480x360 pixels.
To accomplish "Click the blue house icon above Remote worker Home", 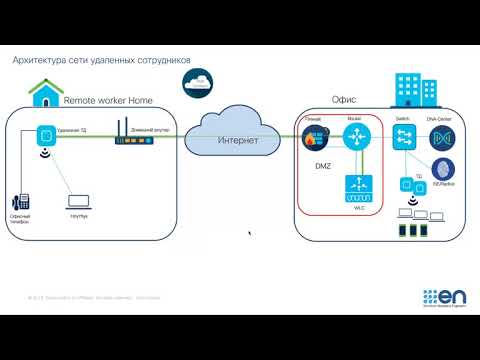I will [x=44, y=93].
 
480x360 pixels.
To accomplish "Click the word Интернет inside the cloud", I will [x=238, y=140].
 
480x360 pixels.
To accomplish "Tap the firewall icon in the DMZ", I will [x=311, y=140].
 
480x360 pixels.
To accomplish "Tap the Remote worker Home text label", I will [x=108, y=101].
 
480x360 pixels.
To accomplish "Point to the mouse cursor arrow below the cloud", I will [x=249, y=234].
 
